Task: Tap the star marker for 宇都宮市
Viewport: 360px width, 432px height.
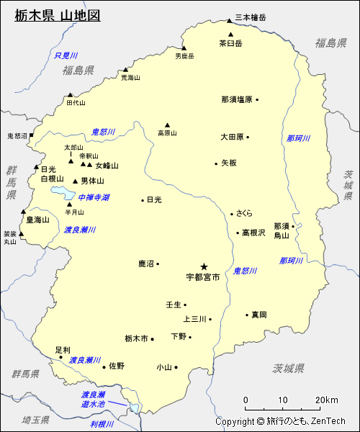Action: [x=204, y=266]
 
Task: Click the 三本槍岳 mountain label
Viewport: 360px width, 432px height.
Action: [x=251, y=18]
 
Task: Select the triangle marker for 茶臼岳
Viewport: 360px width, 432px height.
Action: [x=230, y=34]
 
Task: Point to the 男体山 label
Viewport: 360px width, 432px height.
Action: [x=92, y=181]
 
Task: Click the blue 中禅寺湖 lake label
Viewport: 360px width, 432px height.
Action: [x=94, y=197]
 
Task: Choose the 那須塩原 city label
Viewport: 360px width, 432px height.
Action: [x=237, y=99]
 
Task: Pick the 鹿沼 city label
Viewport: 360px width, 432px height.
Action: [x=146, y=264]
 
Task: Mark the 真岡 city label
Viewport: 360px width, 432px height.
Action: [x=259, y=315]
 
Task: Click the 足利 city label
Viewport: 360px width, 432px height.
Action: [x=63, y=350]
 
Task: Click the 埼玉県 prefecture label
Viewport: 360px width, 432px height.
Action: [x=35, y=419]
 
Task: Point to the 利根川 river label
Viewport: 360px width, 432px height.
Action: [x=102, y=424]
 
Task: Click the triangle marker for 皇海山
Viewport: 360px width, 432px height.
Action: [x=23, y=212]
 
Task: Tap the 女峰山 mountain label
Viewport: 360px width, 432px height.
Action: [x=107, y=166]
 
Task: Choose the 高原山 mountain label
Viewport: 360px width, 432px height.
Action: [x=167, y=132]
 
